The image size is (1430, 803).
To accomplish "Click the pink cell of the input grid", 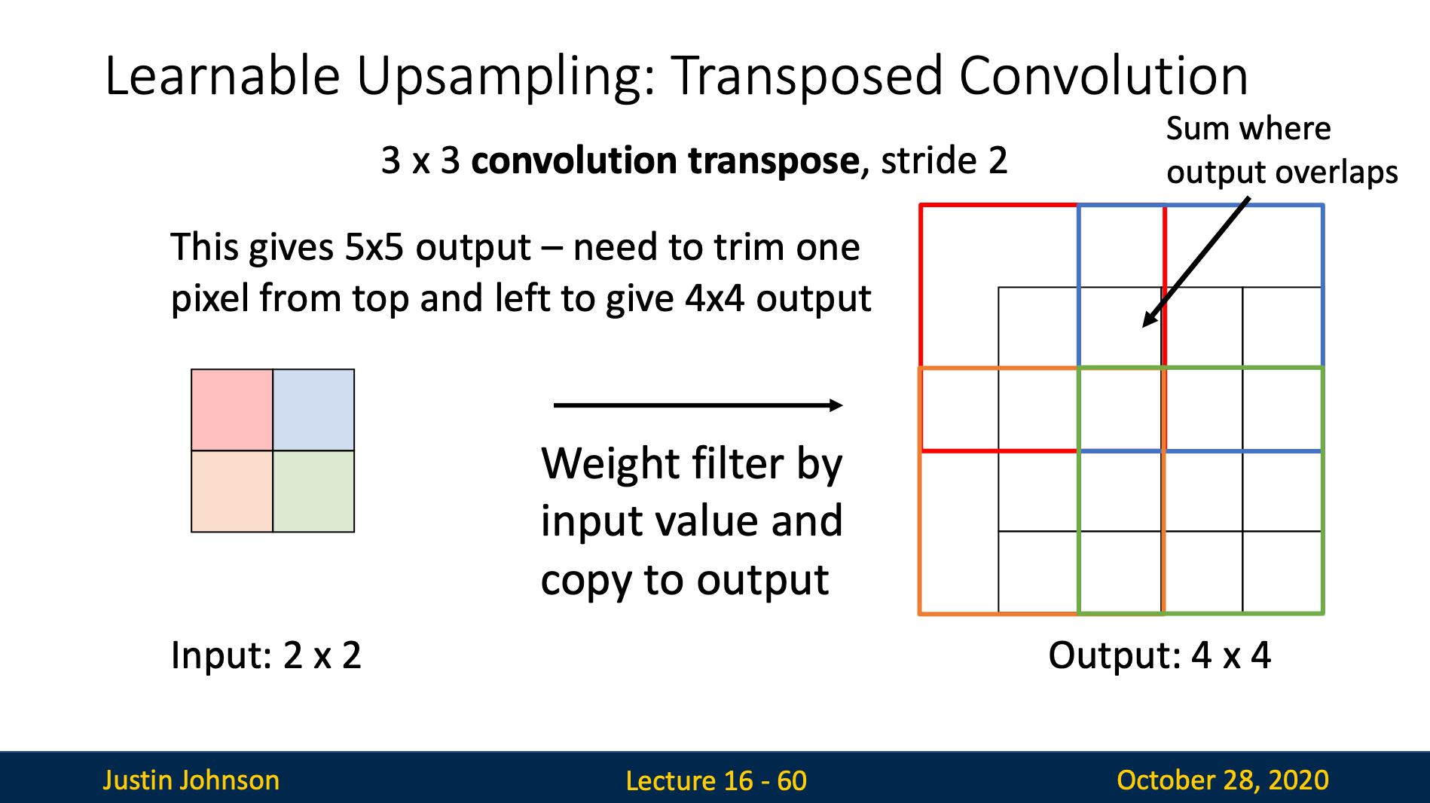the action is pyautogui.click(x=232, y=410).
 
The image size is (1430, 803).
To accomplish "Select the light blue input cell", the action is pyautogui.click(x=313, y=410).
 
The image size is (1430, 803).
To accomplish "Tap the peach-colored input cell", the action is pyautogui.click(x=232, y=491).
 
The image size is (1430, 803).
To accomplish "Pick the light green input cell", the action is pyautogui.click(x=313, y=491).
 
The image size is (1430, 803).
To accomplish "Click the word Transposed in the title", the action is pyautogui.click(x=806, y=77).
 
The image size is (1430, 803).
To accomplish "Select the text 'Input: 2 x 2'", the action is pyautogui.click(x=266, y=655).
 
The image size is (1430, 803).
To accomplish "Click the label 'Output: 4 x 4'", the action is pyautogui.click(x=1160, y=655).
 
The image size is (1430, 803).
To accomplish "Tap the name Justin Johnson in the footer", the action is pyautogui.click(x=191, y=780).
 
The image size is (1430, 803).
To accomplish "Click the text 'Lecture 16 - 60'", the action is pyautogui.click(x=716, y=780).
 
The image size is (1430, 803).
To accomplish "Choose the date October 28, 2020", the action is pyautogui.click(x=1222, y=780).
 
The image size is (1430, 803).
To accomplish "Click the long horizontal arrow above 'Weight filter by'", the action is pyautogui.click(x=698, y=405).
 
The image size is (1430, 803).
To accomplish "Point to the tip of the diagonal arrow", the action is pyautogui.click(x=1143, y=327).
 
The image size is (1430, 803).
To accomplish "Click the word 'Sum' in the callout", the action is pyautogui.click(x=1193, y=129).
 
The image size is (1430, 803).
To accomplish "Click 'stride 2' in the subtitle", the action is pyautogui.click(x=944, y=160).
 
